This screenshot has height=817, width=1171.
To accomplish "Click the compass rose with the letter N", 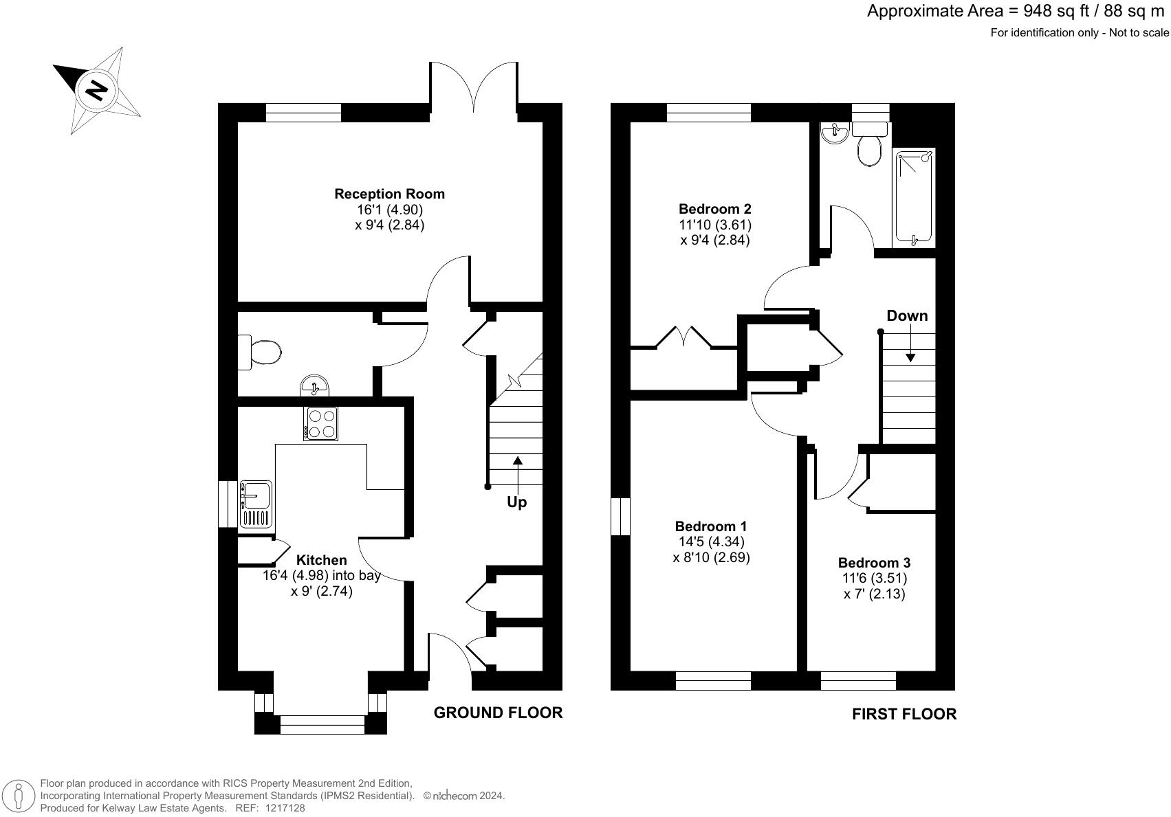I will [x=98, y=90].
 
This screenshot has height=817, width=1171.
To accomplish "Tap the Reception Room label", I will [x=389, y=194].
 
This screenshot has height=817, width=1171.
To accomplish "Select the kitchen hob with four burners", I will [x=320, y=423].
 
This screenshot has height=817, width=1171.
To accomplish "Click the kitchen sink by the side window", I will [x=256, y=503].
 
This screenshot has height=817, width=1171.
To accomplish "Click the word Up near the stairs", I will [x=516, y=502].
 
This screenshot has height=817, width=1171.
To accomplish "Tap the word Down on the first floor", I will [x=907, y=316].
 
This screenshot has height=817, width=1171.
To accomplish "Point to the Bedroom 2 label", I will [x=714, y=209].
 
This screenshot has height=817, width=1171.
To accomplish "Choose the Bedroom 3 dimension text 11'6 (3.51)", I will [x=874, y=579].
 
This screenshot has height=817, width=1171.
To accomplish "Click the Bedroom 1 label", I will [x=711, y=526].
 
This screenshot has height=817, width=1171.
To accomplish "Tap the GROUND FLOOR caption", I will [x=498, y=713].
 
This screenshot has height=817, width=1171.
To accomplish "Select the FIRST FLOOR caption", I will [x=904, y=714].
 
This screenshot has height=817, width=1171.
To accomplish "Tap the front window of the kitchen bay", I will [x=322, y=720].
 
